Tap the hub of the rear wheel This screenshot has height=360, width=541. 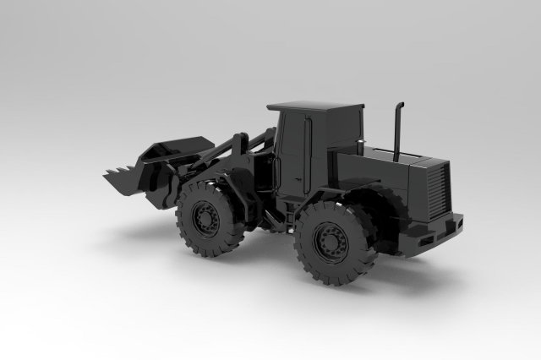tap(330, 243)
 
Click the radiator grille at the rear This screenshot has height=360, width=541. tap(437, 191)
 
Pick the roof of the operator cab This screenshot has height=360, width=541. tap(314, 107)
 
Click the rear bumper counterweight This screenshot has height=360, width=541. tap(440, 232)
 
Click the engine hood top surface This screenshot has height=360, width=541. tap(397, 158)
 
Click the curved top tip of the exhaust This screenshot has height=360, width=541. tap(400, 106)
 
